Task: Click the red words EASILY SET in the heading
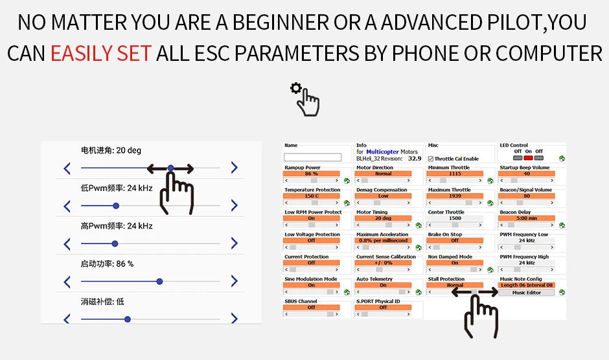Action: point(100,53)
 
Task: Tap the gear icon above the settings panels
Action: point(296,89)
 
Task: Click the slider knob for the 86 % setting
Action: point(159,282)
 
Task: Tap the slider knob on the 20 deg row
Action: point(170,168)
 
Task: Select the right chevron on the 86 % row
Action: point(234,282)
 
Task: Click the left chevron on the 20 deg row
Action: point(67,168)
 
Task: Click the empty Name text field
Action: point(312,157)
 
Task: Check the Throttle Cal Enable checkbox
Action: point(431,159)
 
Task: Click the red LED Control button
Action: point(528,157)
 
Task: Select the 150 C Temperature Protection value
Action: point(312,196)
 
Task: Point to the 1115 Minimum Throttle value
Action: point(455,174)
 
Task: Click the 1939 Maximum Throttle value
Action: point(455,196)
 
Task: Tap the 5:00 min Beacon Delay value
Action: point(527,218)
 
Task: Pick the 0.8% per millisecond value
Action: point(383,240)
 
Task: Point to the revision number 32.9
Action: point(415,158)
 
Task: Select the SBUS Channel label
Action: point(301,301)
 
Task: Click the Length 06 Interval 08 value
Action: point(527,285)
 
